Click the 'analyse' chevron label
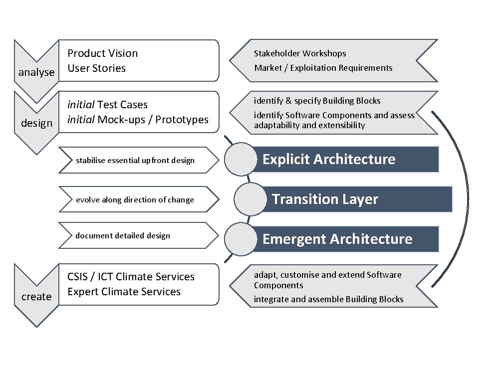[x=36, y=72]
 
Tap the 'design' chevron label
[x=36, y=123]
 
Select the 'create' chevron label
[x=36, y=297]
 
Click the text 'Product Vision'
[x=102, y=53]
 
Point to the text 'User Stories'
[x=96, y=68]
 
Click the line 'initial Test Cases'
[x=107, y=105]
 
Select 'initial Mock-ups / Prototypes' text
[x=138, y=120]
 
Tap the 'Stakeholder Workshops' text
[x=300, y=53]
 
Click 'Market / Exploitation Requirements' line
[x=323, y=68]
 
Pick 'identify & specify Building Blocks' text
[x=317, y=101]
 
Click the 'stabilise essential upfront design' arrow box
[x=137, y=160]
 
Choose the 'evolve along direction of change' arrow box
[x=137, y=199]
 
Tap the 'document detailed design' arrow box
[x=137, y=235]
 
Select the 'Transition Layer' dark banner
[x=354, y=199]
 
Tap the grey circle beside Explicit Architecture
[x=241, y=159]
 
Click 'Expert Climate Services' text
[x=124, y=292]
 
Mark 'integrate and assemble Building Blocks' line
[x=328, y=299]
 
